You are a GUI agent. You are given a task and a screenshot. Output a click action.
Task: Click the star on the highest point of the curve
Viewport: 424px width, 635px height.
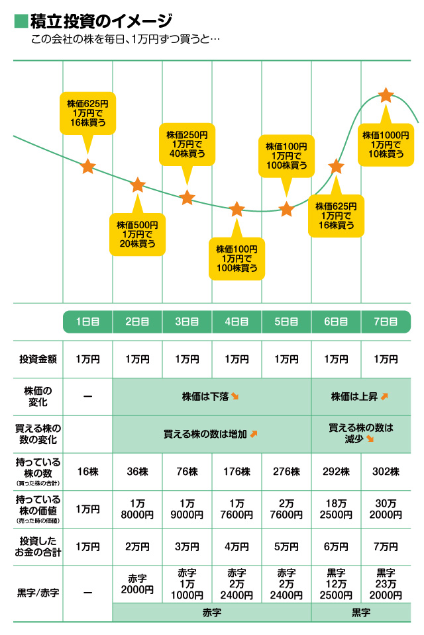click(x=386, y=95)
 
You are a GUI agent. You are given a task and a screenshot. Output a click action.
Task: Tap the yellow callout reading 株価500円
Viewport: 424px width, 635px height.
click(x=138, y=233)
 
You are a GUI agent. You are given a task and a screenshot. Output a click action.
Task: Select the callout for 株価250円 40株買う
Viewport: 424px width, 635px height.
click(x=187, y=145)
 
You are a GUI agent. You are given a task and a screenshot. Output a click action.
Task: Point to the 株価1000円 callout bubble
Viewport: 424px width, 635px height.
click(x=386, y=145)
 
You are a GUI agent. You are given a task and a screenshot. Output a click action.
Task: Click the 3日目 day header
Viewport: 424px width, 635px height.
click(x=187, y=322)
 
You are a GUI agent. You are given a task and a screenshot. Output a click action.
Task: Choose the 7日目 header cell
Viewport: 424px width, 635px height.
click(x=386, y=322)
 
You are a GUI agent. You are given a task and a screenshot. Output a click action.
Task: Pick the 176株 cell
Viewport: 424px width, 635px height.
click(x=237, y=472)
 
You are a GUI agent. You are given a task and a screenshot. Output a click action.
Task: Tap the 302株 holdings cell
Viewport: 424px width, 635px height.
click(x=386, y=472)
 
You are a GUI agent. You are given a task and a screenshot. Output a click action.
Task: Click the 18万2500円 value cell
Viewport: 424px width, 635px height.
click(x=336, y=509)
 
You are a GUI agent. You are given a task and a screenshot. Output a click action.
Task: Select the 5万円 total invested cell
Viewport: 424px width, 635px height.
click(x=286, y=547)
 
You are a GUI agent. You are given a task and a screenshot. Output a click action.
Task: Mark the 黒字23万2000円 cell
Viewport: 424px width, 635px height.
click(x=386, y=584)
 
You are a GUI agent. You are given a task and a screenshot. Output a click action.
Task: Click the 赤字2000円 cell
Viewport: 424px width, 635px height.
click(x=138, y=584)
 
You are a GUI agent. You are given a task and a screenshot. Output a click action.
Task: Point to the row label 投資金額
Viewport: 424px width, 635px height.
click(x=38, y=359)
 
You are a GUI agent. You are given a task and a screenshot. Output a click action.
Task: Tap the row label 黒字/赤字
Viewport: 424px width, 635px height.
click(x=38, y=593)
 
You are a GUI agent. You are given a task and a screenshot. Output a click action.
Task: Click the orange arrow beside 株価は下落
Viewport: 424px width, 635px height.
click(x=235, y=396)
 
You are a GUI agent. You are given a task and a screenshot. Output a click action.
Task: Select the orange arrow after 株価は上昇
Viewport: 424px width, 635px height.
click(x=384, y=396)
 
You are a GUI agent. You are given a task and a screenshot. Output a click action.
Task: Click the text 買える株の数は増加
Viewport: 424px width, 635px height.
click(x=205, y=434)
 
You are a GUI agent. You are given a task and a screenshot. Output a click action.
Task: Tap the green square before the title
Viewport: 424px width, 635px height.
click(x=21, y=21)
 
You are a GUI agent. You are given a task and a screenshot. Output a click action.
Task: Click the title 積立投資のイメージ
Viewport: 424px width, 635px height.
click(x=101, y=21)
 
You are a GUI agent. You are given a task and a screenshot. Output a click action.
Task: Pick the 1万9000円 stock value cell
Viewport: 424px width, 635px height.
click(x=187, y=509)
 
